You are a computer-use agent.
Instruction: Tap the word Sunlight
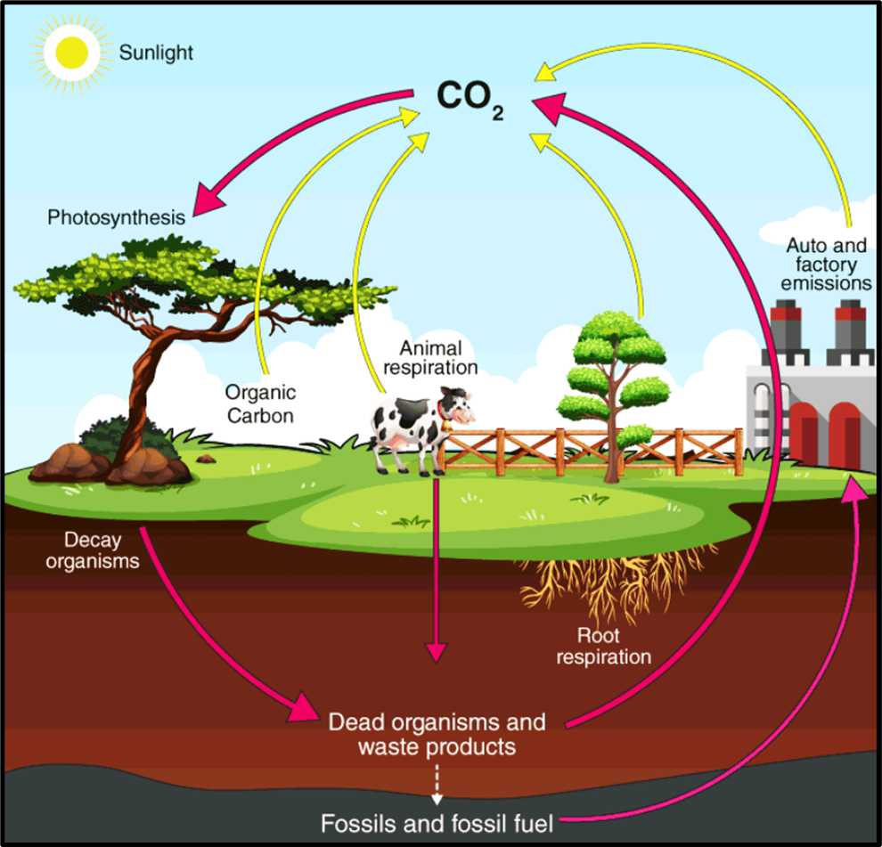(x=156, y=53)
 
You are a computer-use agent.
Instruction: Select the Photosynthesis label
(x=117, y=216)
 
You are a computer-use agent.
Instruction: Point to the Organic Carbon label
(x=259, y=403)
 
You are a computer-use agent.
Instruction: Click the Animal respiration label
(x=437, y=355)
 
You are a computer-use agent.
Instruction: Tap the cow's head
(x=460, y=408)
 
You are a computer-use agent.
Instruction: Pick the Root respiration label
(x=603, y=647)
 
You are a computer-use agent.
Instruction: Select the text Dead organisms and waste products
(x=437, y=733)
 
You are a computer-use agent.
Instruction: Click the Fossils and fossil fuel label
(x=437, y=822)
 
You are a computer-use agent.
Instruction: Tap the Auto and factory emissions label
(x=829, y=264)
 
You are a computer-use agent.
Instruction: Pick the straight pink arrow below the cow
(x=436, y=570)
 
